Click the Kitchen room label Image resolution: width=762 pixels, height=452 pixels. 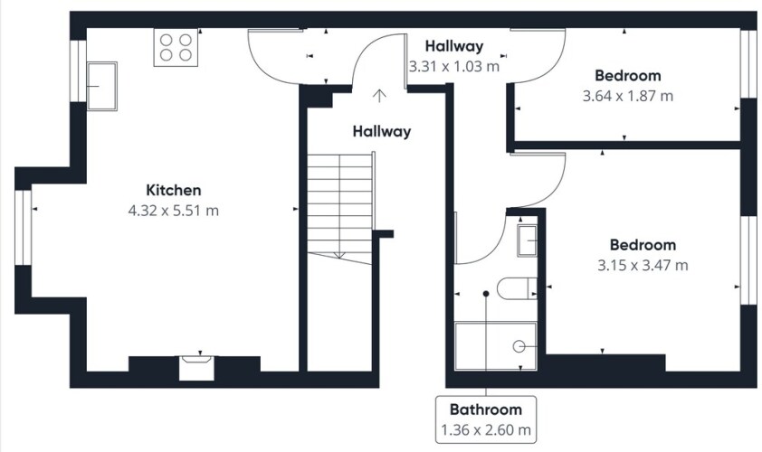174,190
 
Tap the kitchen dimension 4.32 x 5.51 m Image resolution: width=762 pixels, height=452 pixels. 174,211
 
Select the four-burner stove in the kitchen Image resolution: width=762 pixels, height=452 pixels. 176,47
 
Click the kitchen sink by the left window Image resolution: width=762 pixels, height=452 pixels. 101,86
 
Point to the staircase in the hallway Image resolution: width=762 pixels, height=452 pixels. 340,209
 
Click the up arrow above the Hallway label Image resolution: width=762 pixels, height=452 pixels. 379,96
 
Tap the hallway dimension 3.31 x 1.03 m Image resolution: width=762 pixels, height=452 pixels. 454,67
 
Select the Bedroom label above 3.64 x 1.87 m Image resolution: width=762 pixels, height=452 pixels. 628,76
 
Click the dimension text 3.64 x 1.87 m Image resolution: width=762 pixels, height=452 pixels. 628,96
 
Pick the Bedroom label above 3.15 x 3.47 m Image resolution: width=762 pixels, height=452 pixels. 643,245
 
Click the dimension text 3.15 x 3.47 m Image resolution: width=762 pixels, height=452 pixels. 643,266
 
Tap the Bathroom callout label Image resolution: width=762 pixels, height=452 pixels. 486,410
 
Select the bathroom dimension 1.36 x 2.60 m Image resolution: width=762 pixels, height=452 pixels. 486,430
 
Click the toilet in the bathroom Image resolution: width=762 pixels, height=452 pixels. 517,288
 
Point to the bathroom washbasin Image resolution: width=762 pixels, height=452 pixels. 528,240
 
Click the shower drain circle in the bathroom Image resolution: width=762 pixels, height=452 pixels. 519,346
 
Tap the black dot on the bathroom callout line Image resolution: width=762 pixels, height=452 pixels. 485,294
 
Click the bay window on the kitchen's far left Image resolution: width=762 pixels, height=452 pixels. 23,227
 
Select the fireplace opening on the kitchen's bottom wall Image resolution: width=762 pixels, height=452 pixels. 196,368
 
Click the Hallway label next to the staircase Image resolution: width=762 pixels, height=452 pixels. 382,131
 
